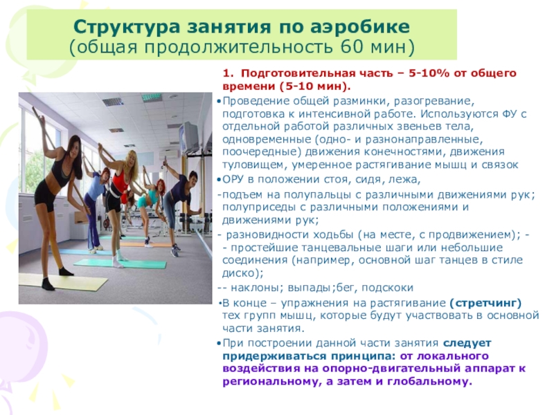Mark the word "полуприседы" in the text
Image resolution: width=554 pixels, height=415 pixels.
256,207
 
